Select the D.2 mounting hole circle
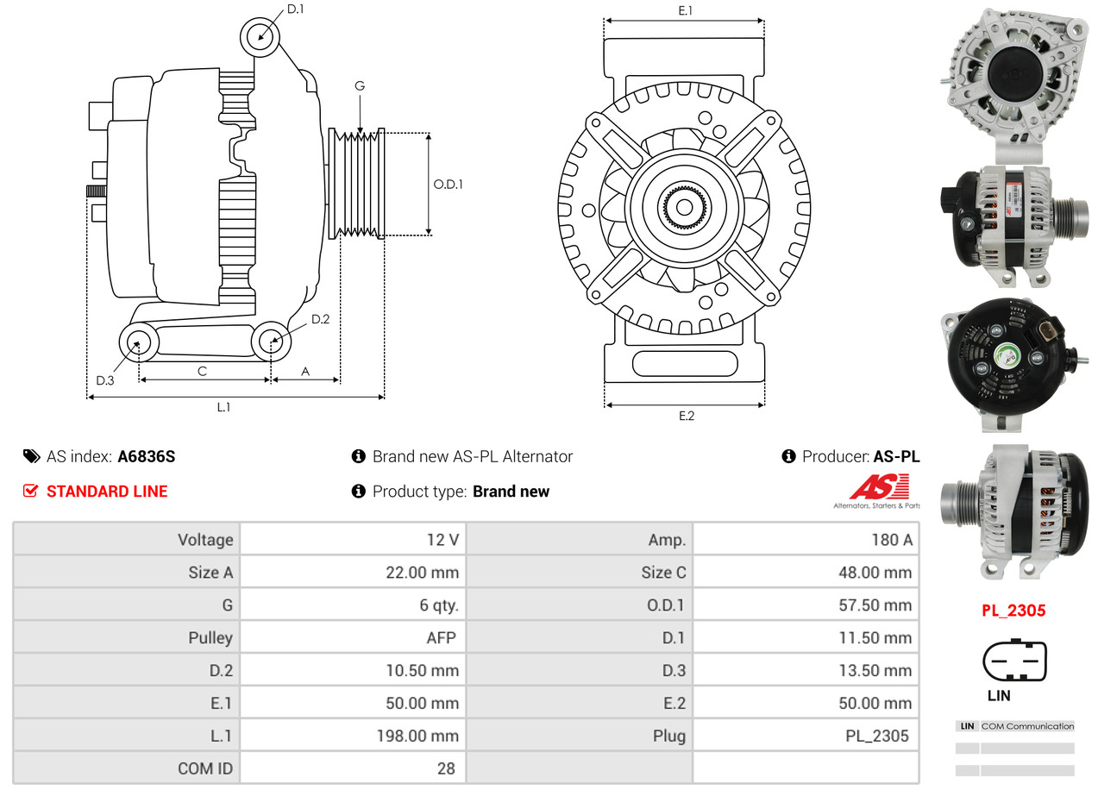[x=272, y=341]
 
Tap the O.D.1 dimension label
[x=448, y=184]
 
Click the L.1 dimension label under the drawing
[x=223, y=408]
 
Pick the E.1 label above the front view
[x=685, y=10]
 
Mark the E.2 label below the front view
[x=686, y=417]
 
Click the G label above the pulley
[x=360, y=85]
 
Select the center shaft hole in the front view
[x=684, y=207]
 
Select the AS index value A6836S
[x=146, y=457]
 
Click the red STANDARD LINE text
[x=107, y=492]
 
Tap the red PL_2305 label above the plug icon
[x=1013, y=611]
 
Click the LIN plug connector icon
[x=1014, y=662]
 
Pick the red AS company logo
[x=878, y=488]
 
